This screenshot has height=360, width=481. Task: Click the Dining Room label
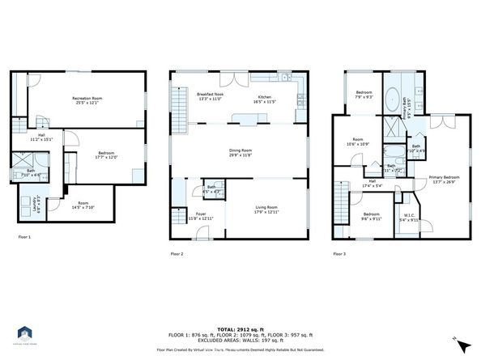coord(240,153)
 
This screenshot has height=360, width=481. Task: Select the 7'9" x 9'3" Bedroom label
coord(364,95)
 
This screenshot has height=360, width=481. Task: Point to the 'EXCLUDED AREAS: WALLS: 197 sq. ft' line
coord(240,341)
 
